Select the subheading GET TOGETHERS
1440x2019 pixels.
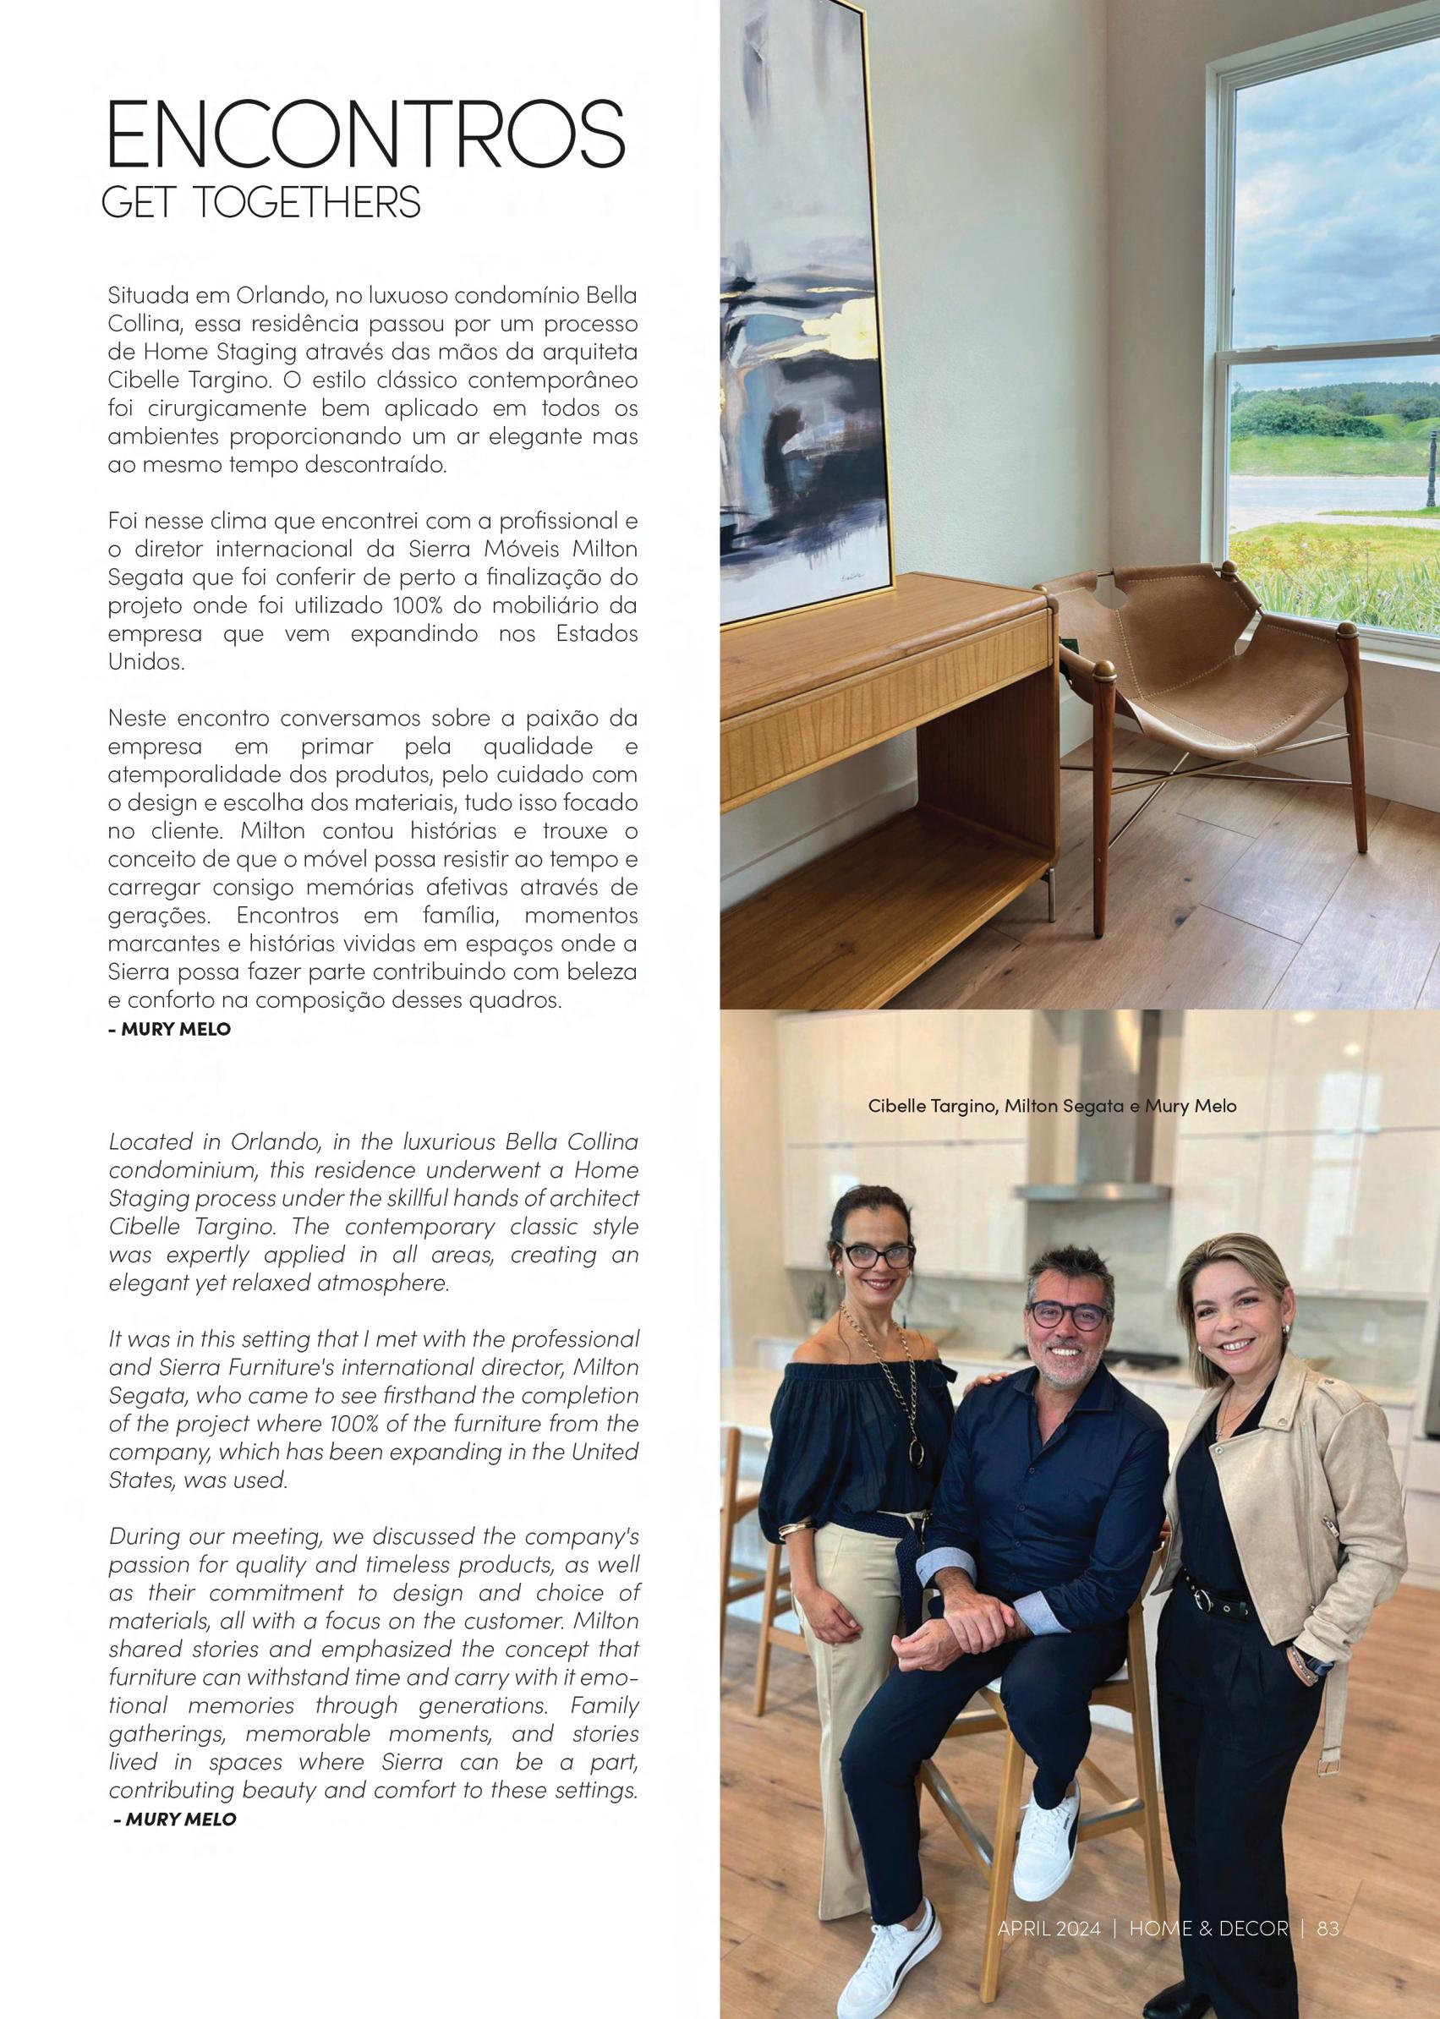coord(260,203)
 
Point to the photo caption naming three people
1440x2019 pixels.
coord(1052,1106)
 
